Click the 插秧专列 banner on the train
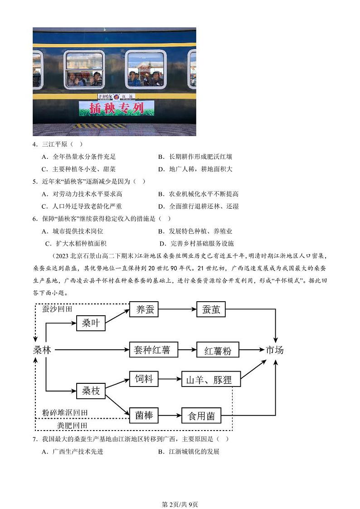[x=117, y=108]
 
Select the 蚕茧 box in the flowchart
[x=211, y=310]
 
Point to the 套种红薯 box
[x=152, y=350]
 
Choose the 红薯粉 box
[x=218, y=351]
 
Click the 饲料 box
[x=144, y=379]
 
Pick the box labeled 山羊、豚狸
[x=211, y=380]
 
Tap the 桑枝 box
[x=91, y=390]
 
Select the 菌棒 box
[x=144, y=415]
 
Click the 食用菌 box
[x=201, y=416]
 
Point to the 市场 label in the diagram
[x=274, y=350]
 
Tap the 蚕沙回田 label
[x=57, y=309]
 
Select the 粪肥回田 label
[x=72, y=426]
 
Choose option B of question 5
[x=198, y=194]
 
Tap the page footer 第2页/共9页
[x=180, y=492]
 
